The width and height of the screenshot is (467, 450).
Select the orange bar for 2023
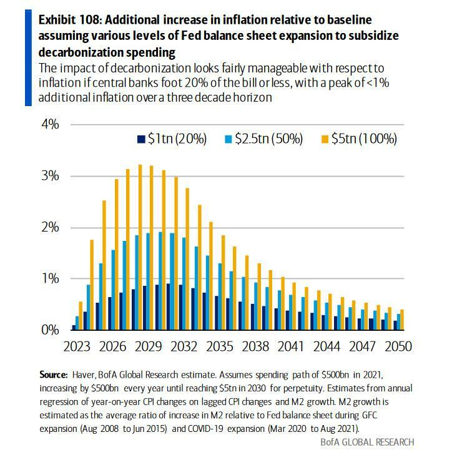click(x=81, y=315)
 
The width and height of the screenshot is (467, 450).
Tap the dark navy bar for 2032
click(x=180, y=306)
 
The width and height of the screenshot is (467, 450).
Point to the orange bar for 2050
click(x=402, y=319)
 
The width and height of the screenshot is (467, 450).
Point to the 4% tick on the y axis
click(x=50, y=124)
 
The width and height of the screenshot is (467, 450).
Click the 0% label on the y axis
click(x=50, y=330)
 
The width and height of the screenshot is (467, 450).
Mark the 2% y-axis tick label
click(x=50, y=227)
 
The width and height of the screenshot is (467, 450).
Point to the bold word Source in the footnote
click(x=52, y=374)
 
